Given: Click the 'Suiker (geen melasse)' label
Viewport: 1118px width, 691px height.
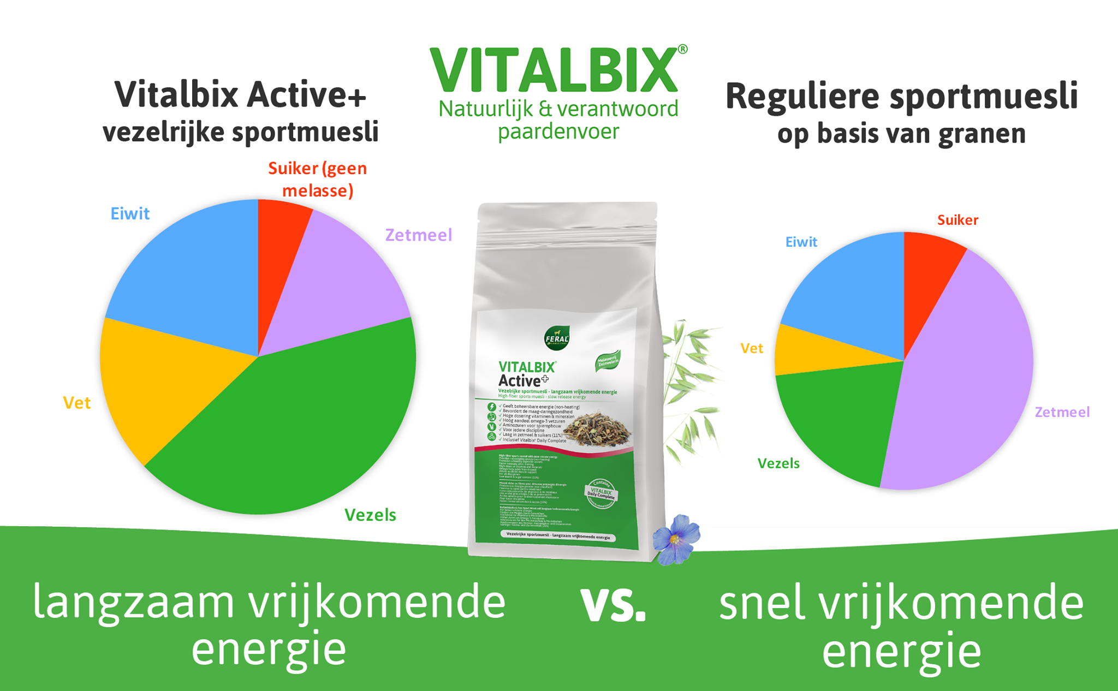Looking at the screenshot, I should [x=318, y=180].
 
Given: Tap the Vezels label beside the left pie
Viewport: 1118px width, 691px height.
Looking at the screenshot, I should [x=370, y=515].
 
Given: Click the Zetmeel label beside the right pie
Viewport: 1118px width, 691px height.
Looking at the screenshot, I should [x=1062, y=412].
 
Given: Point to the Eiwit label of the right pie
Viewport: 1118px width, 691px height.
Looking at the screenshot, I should [x=801, y=242].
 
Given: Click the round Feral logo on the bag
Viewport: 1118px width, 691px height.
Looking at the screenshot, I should [x=557, y=338].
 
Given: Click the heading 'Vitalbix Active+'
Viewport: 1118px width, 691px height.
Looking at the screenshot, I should [x=240, y=95].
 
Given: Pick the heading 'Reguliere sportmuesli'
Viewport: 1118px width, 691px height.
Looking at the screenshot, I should [x=901, y=96].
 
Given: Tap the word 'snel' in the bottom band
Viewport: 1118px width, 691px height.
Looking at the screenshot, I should [x=762, y=603].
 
